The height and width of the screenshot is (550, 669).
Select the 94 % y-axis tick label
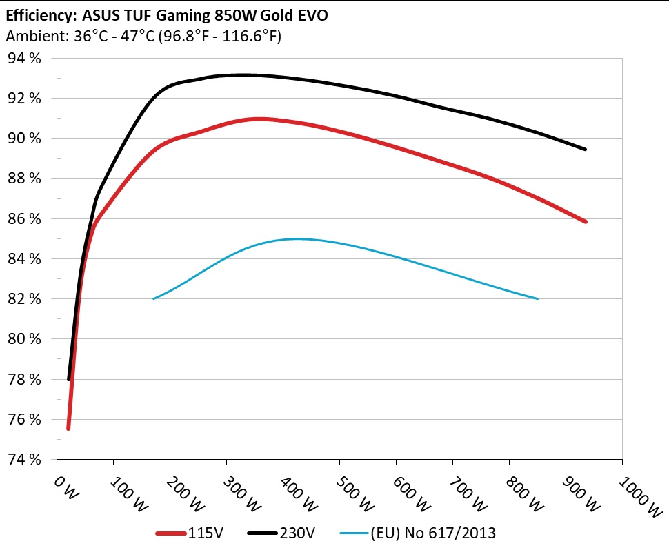pos(25,59)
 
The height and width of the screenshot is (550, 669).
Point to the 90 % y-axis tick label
pos(25,139)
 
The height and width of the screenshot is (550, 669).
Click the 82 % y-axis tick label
pos(25,299)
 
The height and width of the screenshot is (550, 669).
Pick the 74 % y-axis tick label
pos(25,460)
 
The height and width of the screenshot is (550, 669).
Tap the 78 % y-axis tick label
pos(25,380)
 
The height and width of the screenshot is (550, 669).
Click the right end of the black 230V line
pos(586,149)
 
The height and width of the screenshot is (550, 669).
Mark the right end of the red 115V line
pos(586,221)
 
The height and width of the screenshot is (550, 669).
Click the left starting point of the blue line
pos(153,298)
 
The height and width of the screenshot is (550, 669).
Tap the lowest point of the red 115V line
pos(68,429)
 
